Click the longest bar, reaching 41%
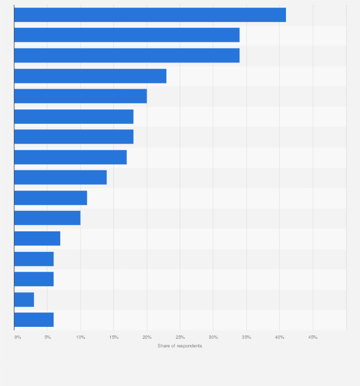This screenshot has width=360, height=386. pos(150,15)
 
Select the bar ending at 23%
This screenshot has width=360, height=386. pos(90,76)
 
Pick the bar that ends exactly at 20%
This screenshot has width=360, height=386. pos(80,96)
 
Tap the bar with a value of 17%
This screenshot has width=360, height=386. pos(70,157)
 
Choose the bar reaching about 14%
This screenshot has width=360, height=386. pos(60,177)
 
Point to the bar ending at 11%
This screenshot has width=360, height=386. pos(51,198)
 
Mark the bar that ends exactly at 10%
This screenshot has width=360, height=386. pos(47,218)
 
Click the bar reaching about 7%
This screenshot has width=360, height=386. pos(37,238)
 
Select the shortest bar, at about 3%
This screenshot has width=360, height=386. pos(24,300)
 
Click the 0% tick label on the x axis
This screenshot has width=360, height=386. pos(18,337)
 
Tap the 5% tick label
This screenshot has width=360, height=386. pos(48,337)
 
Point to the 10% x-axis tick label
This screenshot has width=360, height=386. pos(81,337)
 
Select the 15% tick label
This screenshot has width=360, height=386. pos(114,337)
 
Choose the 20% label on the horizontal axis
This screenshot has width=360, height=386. pos(147,337)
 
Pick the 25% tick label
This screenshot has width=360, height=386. pos(180,337)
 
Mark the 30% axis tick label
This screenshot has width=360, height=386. pos(213,337)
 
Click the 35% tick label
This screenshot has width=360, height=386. pos(246,337)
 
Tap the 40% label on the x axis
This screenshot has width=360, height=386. pos(280,337)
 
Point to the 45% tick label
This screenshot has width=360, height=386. pos(313,337)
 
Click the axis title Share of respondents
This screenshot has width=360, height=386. pos(180,346)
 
